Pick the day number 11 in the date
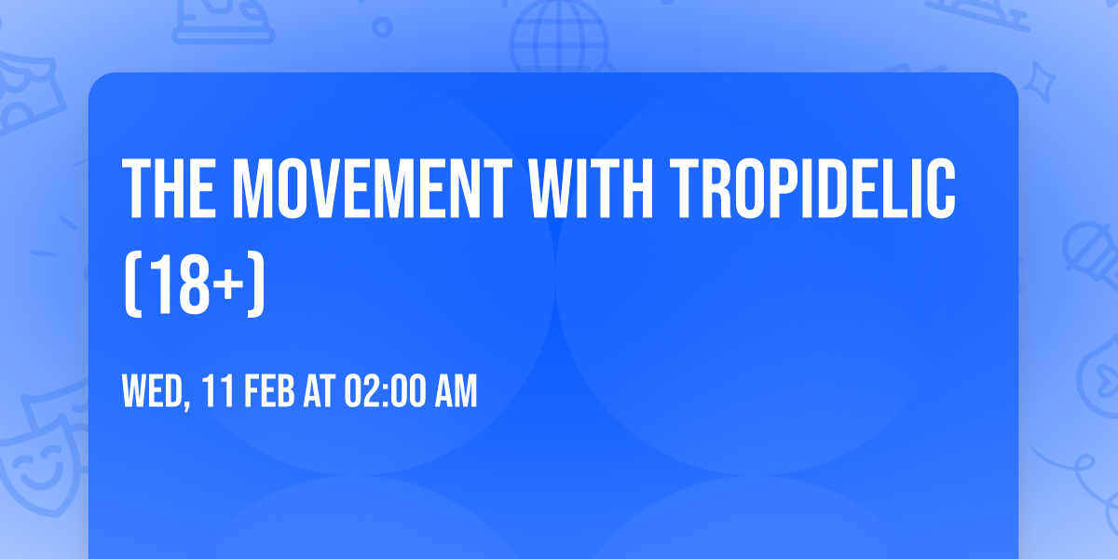[216, 393]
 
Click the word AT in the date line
[319, 393]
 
